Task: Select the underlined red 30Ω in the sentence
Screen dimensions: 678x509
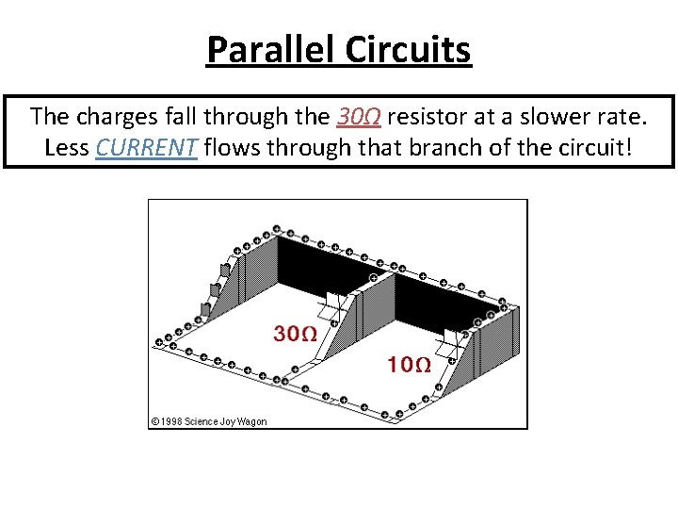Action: (x=359, y=118)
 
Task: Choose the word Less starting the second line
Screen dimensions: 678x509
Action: (x=67, y=148)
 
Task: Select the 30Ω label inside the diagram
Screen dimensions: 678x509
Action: (x=294, y=333)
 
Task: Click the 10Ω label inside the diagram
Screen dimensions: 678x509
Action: (x=410, y=364)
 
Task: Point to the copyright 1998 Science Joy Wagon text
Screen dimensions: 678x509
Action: (x=209, y=421)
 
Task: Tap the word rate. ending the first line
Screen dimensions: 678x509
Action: (x=622, y=118)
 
